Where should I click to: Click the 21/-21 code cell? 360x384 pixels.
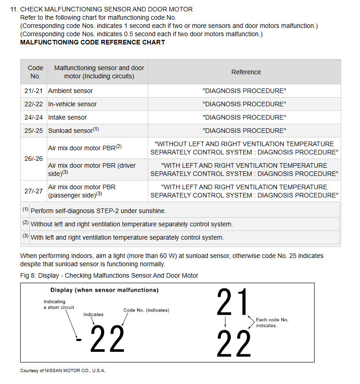[33, 91]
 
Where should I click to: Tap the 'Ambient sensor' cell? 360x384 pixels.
[71, 91]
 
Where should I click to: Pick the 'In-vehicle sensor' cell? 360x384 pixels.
[72, 104]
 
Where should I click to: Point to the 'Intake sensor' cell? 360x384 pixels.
[67, 117]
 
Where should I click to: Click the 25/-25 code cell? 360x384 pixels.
[33, 131]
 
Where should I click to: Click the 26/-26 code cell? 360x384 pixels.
[33, 159]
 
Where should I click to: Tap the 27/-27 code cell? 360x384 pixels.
[33, 191]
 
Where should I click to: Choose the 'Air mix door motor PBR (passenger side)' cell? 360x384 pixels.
[82, 191]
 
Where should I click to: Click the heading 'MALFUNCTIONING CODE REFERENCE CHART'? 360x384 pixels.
[93, 42]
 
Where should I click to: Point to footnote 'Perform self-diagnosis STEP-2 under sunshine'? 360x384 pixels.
[98, 211]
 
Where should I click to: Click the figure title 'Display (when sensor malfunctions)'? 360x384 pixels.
[104, 290]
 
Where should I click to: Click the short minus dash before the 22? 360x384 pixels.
[79, 340]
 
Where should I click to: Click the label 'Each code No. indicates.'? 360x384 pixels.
[272, 323]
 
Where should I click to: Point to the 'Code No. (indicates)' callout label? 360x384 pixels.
[146, 310]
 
